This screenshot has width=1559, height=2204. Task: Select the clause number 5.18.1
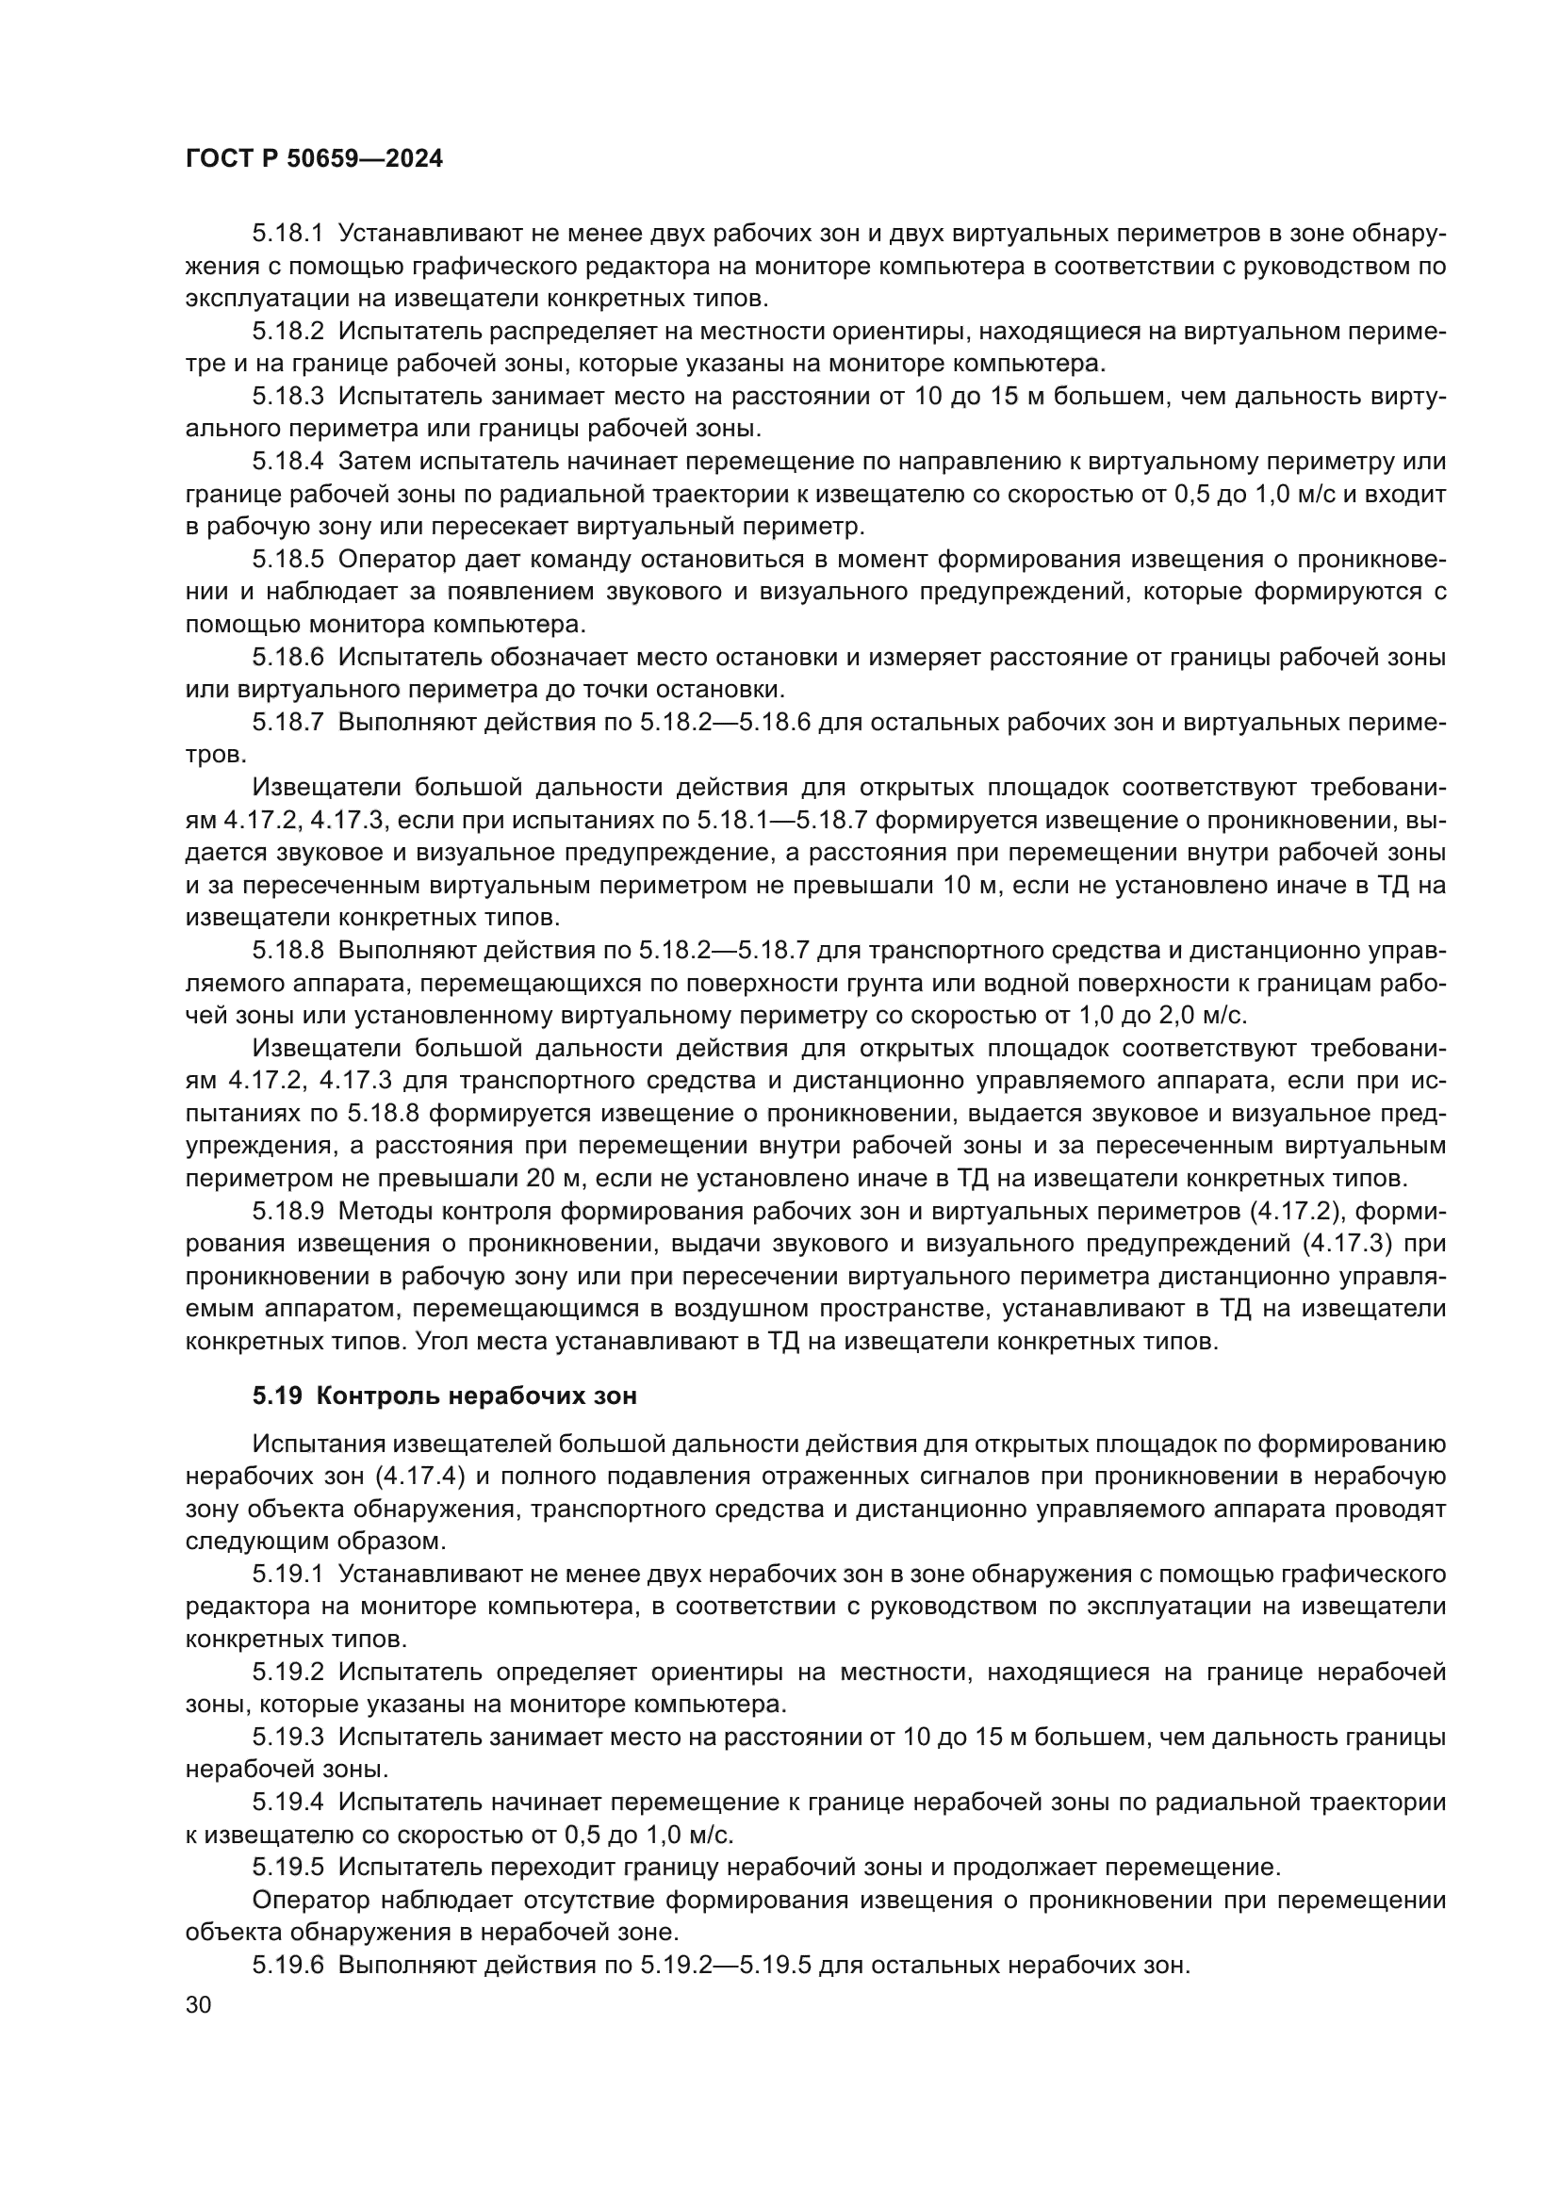(x=288, y=235)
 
